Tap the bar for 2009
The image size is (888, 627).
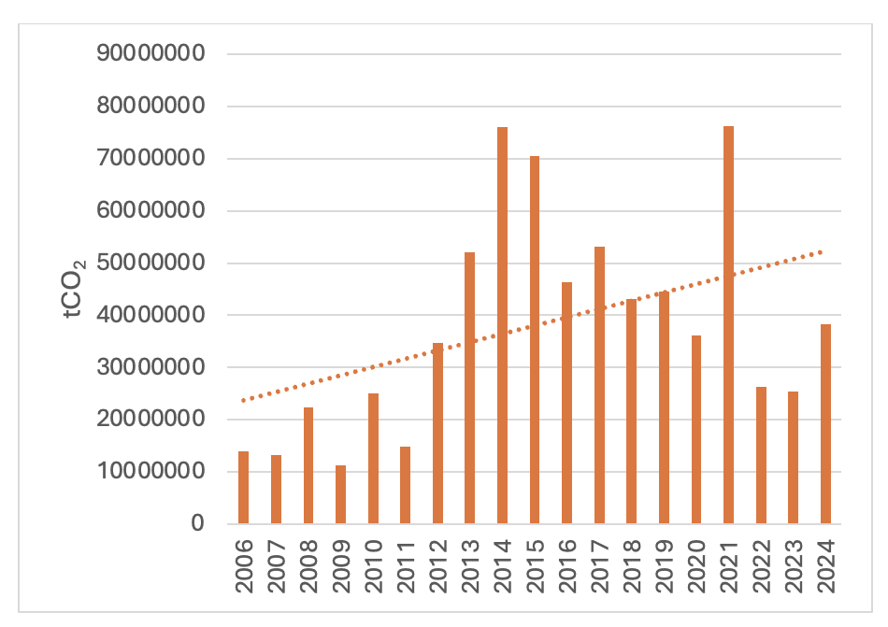click(x=340, y=494)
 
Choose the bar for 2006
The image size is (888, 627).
click(x=243, y=487)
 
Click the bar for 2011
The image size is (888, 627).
click(x=405, y=485)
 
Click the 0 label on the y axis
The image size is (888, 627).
click(x=195, y=523)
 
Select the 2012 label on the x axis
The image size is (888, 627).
click(x=437, y=566)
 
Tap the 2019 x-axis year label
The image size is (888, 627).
click(x=664, y=566)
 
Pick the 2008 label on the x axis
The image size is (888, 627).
click(x=308, y=566)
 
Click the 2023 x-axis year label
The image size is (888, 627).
click(x=794, y=566)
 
